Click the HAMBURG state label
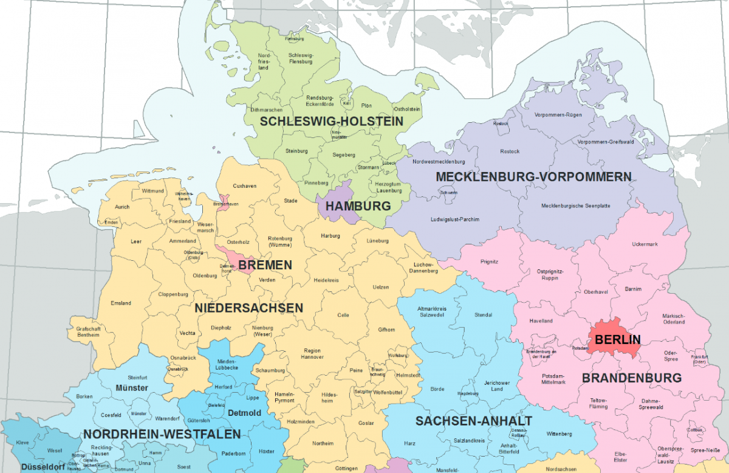coord(358,206)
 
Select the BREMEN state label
coord(265,265)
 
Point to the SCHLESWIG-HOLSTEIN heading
coord(332,122)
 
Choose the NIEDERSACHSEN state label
coord(248,308)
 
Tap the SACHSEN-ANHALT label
coord(474,421)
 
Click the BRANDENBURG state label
coord(632,378)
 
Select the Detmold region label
coord(244,413)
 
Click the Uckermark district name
coord(645,244)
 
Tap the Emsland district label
coord(121,303)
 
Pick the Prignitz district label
coord(488,261)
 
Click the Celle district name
coord(343,315)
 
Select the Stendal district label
coord(483,314)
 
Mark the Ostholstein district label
coord(406,109)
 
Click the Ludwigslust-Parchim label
coord(456,219)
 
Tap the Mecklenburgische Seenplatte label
coord(575,205)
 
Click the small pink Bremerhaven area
coord(224,201)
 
